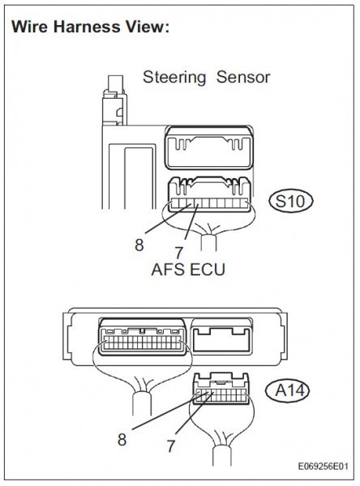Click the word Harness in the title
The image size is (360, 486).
tap(87, 27)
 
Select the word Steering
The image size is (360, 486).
tap(174, 77)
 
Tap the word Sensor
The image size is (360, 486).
tap(243, 77)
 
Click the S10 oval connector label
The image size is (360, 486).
tap(291, 202)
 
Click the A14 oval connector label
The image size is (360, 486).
tap(287, 390)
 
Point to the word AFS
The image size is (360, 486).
tap(168, 269)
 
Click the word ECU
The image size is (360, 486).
tap(207, 269)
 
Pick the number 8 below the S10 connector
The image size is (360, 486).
tap(139, 245)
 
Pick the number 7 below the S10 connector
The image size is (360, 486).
tap(178, 253)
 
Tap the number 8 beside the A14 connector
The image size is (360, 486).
tap(122, 440)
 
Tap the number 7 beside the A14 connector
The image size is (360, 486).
tap(171, 446)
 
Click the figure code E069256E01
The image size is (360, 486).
tap(323, 467)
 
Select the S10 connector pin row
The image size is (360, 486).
tap(209, 203)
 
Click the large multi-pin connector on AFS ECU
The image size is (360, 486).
tap(142, 336)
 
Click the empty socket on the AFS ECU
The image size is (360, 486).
tap(221, 336)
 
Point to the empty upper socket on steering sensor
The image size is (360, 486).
tap(208, 148)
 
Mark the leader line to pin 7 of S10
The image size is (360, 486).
tap(191, 221)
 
